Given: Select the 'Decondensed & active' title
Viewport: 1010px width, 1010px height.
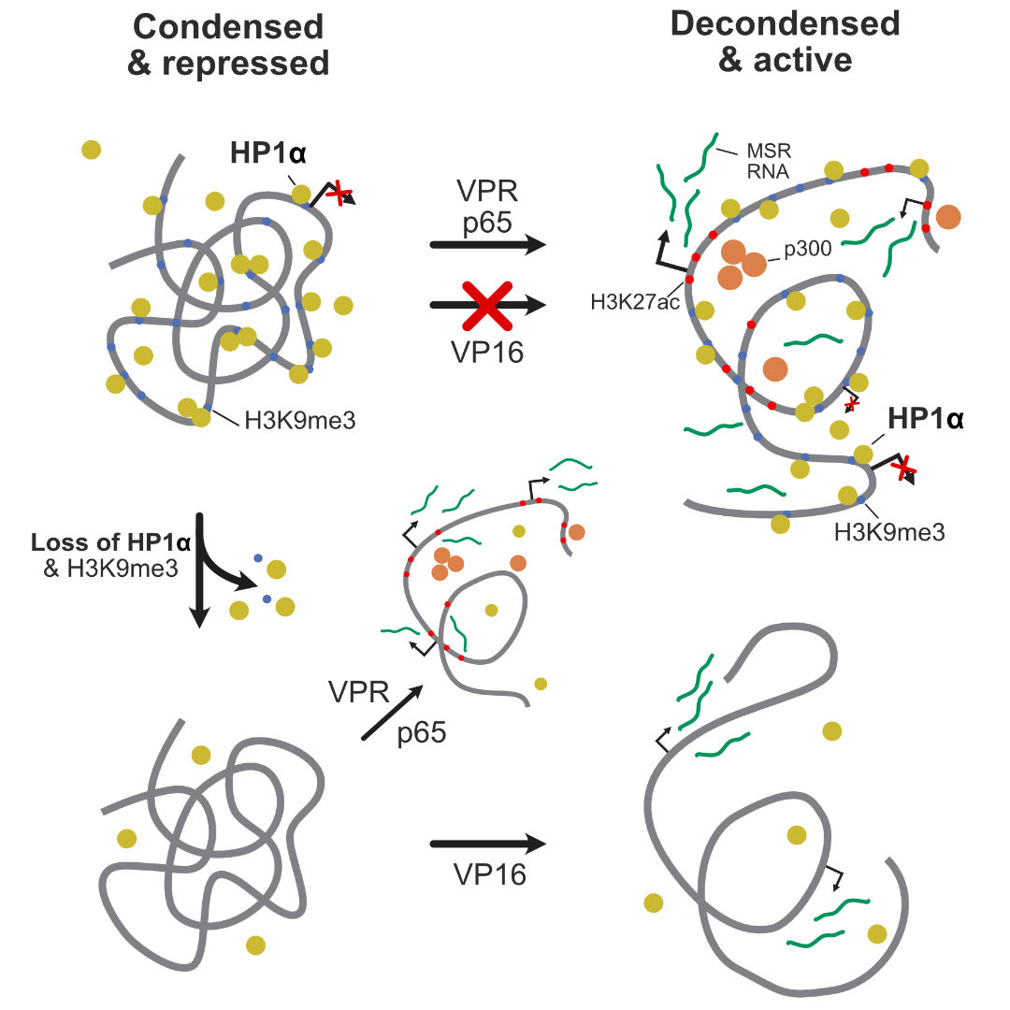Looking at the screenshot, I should pos(785,41).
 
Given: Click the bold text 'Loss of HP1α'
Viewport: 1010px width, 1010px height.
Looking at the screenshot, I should pos(110,543).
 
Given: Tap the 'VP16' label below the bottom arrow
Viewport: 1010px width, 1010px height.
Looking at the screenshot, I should pos(489,874).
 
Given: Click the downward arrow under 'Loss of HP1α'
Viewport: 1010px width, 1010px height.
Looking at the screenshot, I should pos(198,570).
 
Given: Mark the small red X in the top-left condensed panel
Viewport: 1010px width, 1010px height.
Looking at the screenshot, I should pos(341,194).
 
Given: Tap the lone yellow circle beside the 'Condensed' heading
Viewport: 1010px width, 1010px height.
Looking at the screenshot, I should pos(91,150).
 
